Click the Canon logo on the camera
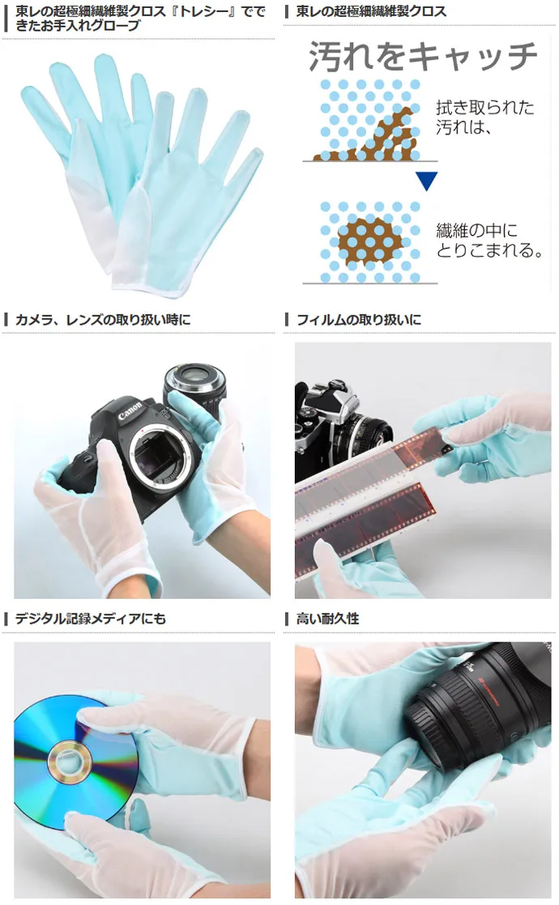pyautogui.click(x=130, y=410)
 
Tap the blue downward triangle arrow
pyautogui.click(x=426, y=181)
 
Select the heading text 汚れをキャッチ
pyautogui.click(x=423, y=56)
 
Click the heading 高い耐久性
pyautogui.click(x=327, y=619)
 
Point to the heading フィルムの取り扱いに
pyautogui.click(x=358, y=320)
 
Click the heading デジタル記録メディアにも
pyautogui.click(x=90, y=619)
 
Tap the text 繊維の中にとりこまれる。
pyautogui.click(x=489, y=240)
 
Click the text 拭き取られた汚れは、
pyautogui.click(x=484, y=117)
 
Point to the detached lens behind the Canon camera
pyautogui.click(x=194, y=388)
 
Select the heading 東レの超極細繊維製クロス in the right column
pyautogui.click(x=371, y=11)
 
